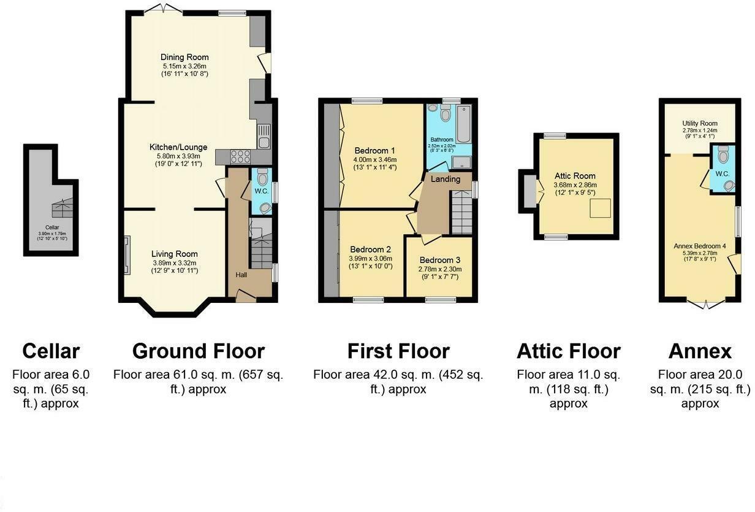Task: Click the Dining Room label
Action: (184, 58)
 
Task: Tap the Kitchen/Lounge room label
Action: (178, 147)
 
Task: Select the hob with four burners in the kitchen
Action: (240, 156)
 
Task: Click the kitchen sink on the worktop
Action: (264, 136)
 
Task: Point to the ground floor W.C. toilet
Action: (263, 179)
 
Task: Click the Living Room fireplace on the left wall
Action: (127, 254)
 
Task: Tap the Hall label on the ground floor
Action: (241, 275)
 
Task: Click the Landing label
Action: (445, 179)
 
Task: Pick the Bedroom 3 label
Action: (440, 260)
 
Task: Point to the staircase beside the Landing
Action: (461, 212)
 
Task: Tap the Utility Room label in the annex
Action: (699, 123)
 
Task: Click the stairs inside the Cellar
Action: (61, 208)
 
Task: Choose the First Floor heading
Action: (398, 351)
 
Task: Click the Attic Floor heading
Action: (568, 351)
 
